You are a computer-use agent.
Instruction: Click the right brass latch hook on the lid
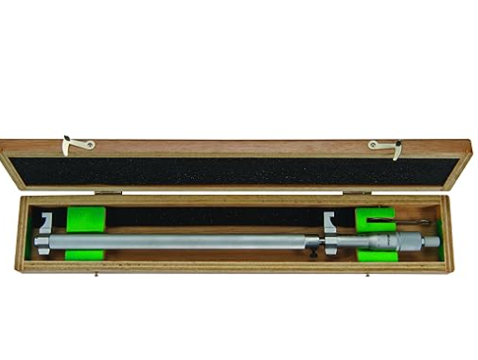[x=384, y=146]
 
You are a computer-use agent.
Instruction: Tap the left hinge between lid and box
[x=108, y=192]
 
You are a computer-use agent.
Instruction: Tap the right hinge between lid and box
[x=358, y=192]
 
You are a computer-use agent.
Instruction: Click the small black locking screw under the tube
[x=313, y=251]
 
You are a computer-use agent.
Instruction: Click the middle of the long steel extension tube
[x=189, y=243]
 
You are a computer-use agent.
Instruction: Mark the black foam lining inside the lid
[x=237, y=171]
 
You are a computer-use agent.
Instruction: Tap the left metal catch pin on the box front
[x=98, y=276]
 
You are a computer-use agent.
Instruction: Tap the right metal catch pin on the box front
[x=367, y=276]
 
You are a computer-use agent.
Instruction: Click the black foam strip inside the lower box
[x=208, y=217]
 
